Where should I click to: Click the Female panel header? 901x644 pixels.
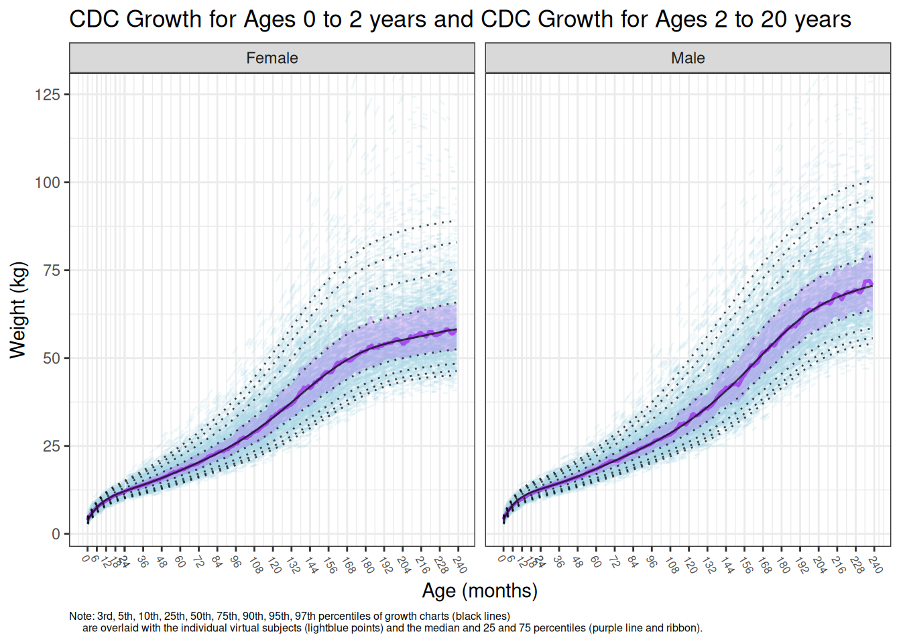coord(272,58)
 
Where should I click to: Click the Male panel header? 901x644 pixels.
coord(688,58)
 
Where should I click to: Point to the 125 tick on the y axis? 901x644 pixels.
coord(48,95)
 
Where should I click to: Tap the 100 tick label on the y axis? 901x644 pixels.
coord(48,182)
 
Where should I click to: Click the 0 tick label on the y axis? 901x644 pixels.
coord(56,534)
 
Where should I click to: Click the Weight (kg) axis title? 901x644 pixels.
coord(18,310)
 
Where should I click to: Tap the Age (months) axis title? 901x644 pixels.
coord(479,590)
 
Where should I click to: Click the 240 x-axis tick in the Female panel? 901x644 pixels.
coord(460,564)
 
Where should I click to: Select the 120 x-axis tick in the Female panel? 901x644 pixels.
coord(274,564)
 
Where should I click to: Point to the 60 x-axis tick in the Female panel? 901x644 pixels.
coord(180,561)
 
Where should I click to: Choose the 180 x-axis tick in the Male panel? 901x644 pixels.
coord(783,564)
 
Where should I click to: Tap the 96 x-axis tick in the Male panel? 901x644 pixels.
coord(652,561)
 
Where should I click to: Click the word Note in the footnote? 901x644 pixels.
coord(80,616)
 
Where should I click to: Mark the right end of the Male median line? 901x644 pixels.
coord(872,286)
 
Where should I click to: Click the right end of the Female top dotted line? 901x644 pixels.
coord(457,220)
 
